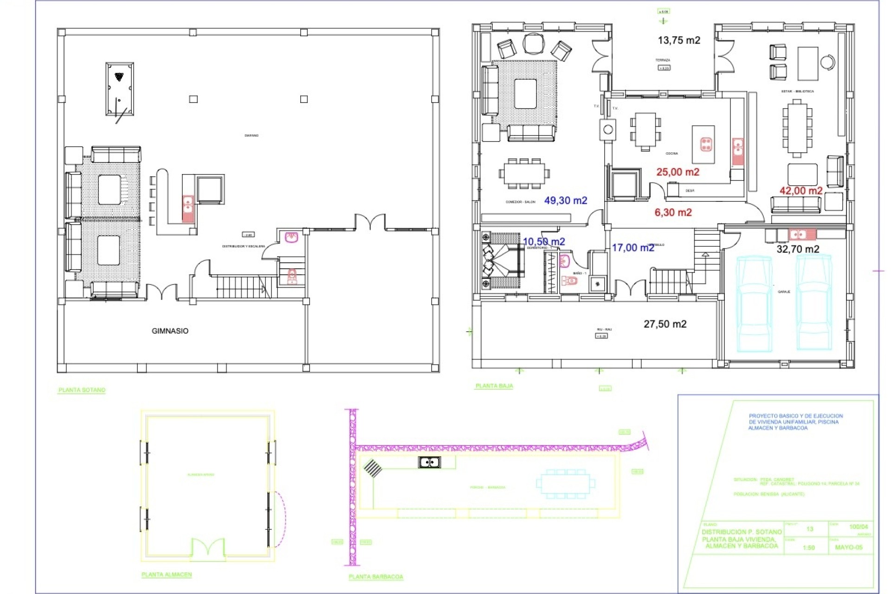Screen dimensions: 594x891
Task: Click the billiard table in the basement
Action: click(x=119, y=89)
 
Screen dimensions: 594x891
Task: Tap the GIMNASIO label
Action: click(x=170, y=331)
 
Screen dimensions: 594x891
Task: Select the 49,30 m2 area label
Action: click(x=565, y=200)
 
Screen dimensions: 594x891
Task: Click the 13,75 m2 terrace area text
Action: click(x=678, y=40)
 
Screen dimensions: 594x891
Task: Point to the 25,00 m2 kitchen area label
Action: click(x=678, y=172)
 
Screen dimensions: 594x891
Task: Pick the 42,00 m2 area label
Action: click(x=801, y=191)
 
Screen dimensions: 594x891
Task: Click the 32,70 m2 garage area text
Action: click(x=798, y=249)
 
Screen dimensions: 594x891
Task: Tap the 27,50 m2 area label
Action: click(x=665, y=324)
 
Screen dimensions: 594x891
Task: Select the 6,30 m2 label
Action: click(x=673, y=213)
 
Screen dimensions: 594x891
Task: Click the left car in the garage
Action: click(x=755, y=304)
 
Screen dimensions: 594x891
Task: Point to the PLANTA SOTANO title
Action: click(x=82, y=390)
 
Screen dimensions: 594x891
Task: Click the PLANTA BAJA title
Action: click(x=494, y=386)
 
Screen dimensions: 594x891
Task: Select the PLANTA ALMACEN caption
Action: click(x=166, y=575)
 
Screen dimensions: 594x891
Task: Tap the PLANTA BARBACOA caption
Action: click(x=375, y=577)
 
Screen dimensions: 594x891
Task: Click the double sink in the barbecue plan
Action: click(x=429, y=462)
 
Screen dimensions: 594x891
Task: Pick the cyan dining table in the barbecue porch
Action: click(x=565, y=484)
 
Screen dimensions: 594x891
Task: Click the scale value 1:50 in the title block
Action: click(x=808, y=548)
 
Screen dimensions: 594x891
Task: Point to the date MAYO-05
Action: click(x=848, y=548)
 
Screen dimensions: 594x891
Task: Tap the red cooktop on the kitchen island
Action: click(x=706, y=144)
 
